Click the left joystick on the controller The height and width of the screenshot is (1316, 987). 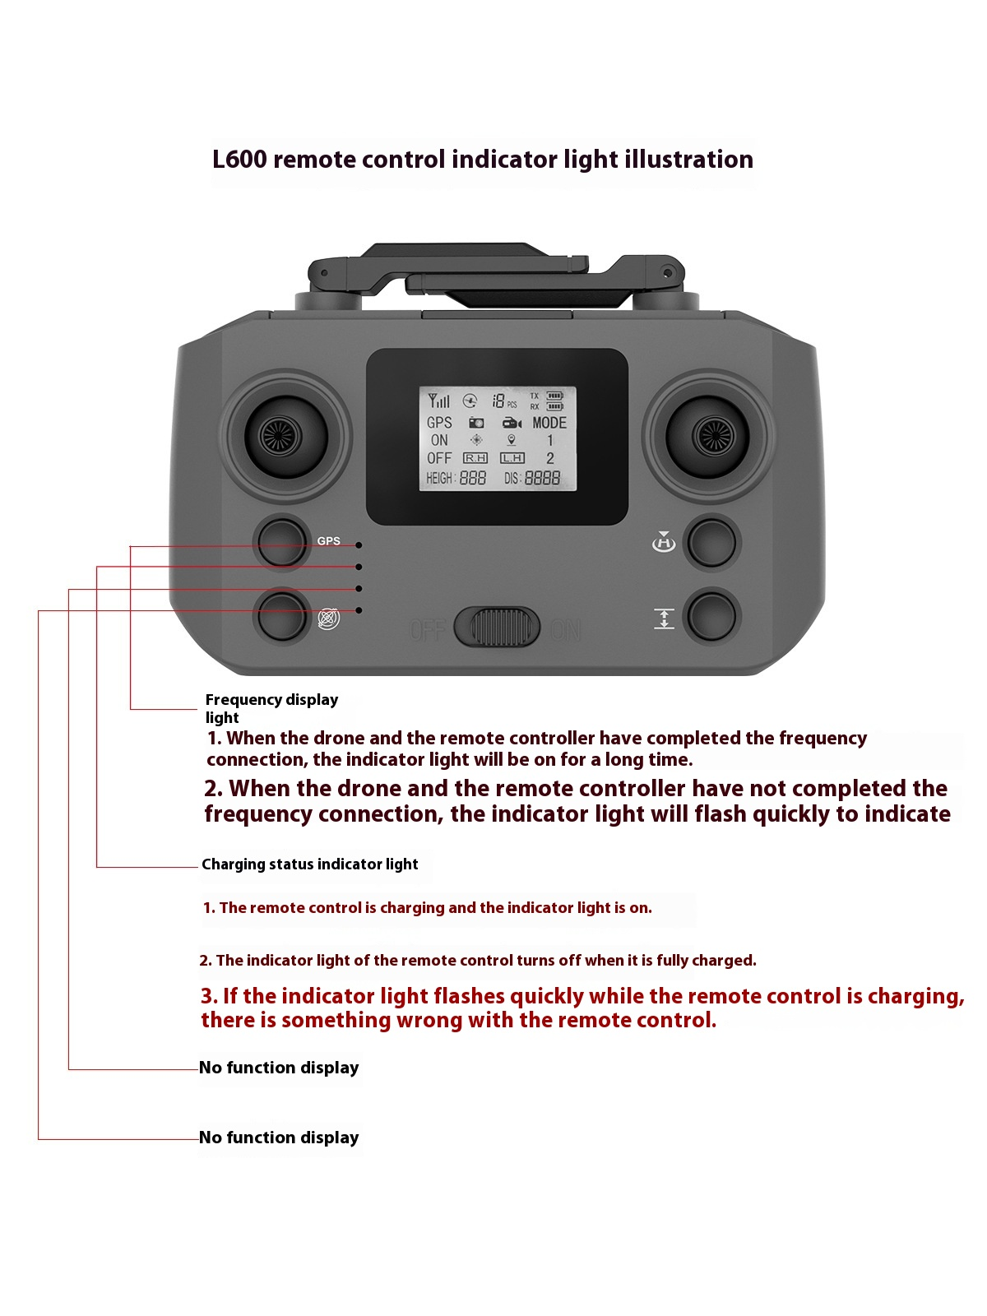[280, 436]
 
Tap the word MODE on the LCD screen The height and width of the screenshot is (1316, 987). [549, 423]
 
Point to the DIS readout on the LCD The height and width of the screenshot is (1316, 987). [532, 478]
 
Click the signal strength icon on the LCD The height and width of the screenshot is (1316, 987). [438, 401]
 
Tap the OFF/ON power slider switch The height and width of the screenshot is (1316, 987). [496, 628]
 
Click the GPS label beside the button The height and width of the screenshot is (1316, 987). [328, 541]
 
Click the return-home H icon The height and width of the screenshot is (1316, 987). [663, 542]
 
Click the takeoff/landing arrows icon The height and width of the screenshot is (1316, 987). [664, 619]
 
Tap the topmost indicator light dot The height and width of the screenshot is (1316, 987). [359, 545]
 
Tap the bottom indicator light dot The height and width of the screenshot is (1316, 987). [359, 610]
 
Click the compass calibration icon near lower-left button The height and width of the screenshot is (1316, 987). [328, 619]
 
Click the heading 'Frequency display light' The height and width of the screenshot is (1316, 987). [271, 707]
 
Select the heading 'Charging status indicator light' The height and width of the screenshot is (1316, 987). [310, 864]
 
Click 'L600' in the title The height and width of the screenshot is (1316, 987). [239, 160]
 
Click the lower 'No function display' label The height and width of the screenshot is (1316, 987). [279, 1138]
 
